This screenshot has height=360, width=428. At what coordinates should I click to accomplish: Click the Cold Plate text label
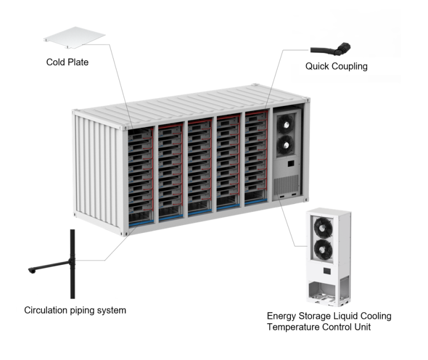coord(67,62)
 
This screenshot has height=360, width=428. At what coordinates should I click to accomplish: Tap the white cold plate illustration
coord(74,38)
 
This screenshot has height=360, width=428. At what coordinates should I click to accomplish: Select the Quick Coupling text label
coord(336,66)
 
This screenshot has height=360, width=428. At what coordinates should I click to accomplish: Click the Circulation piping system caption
coord(75,310)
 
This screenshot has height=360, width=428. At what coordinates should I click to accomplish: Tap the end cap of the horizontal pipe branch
coord(31,271)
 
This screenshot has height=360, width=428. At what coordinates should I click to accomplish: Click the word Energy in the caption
coord(282,316)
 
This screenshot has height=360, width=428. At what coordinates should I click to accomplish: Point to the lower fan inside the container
coord(285,144)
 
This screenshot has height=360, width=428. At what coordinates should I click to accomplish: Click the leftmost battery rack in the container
coord(139,173)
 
